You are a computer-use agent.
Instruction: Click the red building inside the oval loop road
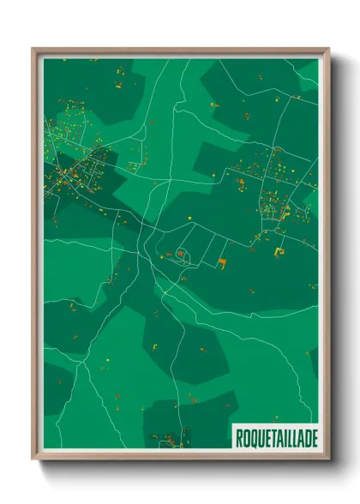coord(181,254)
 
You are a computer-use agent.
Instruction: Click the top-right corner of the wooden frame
coord(327,50)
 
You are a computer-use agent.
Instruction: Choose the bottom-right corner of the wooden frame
coord(327,459)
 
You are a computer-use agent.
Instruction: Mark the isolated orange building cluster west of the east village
coord(243,182)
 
